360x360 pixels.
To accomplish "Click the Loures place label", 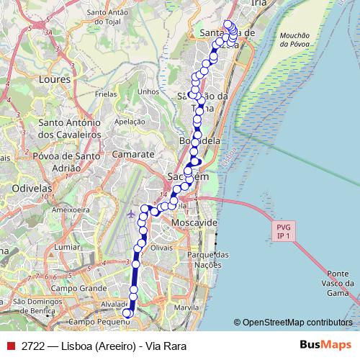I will (56, 78).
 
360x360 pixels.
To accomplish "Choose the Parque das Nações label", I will (207, 260).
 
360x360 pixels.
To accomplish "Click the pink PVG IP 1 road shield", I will (282, 231).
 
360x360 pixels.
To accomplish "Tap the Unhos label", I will (148, 91).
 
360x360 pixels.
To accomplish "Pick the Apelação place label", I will (130, 122).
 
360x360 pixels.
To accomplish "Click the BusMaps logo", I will (325, 346).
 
